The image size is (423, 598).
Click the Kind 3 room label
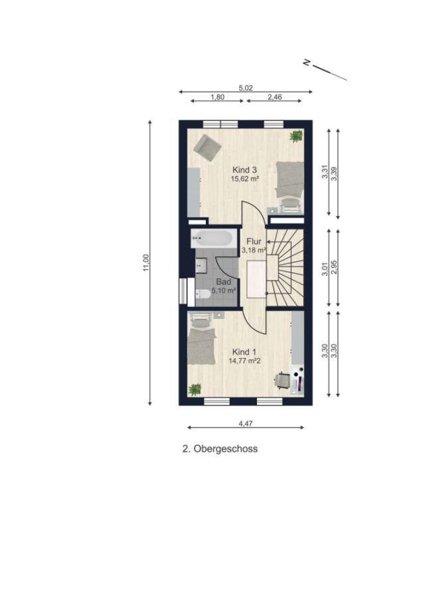click(x=244, y=170)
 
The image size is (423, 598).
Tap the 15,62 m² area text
click(x=244, y=178)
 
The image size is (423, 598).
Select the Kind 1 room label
click(x=244, y=352)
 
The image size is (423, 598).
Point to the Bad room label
click(x=224, y=282)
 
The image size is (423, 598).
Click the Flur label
click(x=254, y=241)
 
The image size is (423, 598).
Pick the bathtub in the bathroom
click(x=212, y=239)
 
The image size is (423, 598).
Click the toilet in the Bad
click(x=203, y=294)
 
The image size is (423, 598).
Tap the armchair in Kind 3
click(x=207, y=148)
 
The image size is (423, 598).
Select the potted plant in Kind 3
click(x=296, y=136)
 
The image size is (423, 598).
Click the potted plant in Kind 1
click(x=195, y=389)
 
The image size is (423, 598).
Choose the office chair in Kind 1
click(x=282, y=380)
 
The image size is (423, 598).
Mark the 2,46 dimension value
click(x=274, y=97)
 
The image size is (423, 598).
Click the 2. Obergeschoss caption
click(x=220, y=449)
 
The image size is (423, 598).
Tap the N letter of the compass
click(x=306, y=62)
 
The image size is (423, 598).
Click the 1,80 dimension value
click(x=217, y=97)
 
